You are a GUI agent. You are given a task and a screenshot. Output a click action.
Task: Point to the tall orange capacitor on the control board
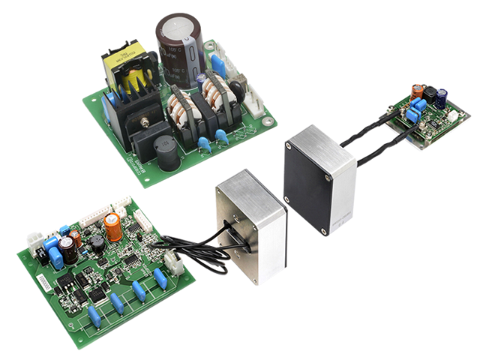pyautogui.click(x=113, y=227)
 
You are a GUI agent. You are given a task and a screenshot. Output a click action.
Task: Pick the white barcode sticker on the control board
pyautogui.click(x=46, y=285)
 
